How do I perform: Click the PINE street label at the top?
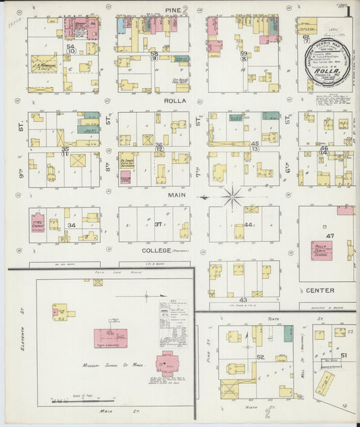tap(172, 9)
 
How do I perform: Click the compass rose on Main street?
tap(233, 197)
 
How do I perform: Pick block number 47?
tap(330, 235)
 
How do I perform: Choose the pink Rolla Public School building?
tap(322, 250)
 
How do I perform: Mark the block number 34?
tap(71, 225)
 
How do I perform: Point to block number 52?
tap(260, 356)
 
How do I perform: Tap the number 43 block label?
tap(242, 299)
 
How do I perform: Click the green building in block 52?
tap(288, 333)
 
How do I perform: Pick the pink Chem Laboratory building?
tap(110, 338)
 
